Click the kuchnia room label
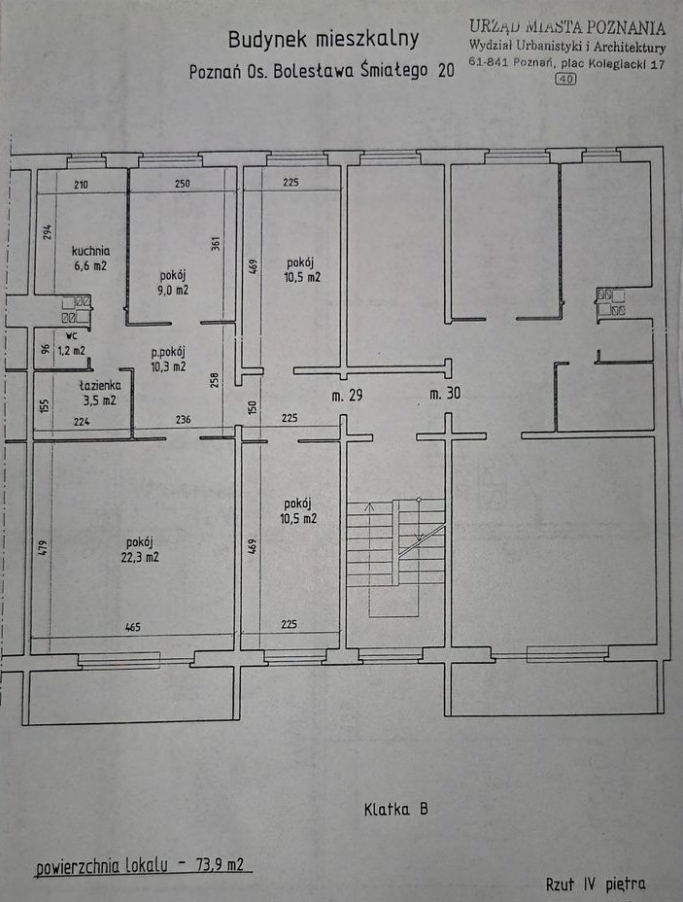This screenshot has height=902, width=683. (x=90, y=251)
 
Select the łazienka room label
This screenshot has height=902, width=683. (x=100, y=386)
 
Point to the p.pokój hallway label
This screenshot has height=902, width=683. (x=168, y=352)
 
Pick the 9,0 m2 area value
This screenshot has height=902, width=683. (x=173, y=290)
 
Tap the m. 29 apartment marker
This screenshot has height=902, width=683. (x=347, y=396)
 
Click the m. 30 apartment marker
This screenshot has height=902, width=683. (x=445, y=394)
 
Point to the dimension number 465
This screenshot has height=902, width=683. (x=133, y=627)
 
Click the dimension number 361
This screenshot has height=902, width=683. (x=216, y=243)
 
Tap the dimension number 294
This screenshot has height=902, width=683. (x=49, y=232)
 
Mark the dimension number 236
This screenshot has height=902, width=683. (x=183, y=419)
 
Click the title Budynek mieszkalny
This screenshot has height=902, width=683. (x=324, y=39)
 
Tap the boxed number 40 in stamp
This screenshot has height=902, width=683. (x=565, y=79)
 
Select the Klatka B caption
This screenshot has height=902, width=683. (x=396, y=809)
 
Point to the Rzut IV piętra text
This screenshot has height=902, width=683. (x=596, y=885)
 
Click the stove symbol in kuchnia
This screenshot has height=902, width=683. (x=76, y=309)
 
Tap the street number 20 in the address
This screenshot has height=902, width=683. (x=446, y=71)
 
